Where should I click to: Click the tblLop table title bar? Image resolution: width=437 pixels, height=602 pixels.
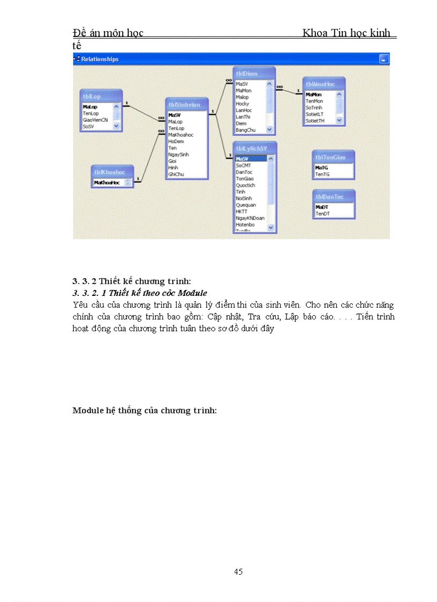pyautogui.click(x=100, y=96)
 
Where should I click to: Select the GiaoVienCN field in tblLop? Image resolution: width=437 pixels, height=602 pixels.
pyautogui.click(x=95, y=120)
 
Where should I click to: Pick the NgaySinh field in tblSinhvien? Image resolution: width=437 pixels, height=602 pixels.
pyautogui.click(x=178, y=154)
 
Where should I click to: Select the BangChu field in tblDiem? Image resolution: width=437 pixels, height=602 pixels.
pyautogui.click(x=245, y=130)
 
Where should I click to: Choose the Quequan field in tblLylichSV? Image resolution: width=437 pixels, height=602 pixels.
pyautogui.click(x=246, y=205)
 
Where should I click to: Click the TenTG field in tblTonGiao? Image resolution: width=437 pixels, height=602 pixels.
pyautogui.click(x=322, y=174)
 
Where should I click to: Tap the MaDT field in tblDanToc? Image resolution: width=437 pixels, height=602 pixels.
pyautogui.click(x=322, y=207)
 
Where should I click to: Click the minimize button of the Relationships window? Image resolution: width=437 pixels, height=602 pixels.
pyautogui.click(x=382, y=59)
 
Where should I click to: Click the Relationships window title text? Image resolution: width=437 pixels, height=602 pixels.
pyautogui.click(x=100, y=59)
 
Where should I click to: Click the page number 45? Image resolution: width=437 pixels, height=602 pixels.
pyautogui.click(x=238, y=572)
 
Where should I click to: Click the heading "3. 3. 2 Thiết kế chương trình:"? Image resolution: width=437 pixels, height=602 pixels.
pyautogui.click(x=132, y=281)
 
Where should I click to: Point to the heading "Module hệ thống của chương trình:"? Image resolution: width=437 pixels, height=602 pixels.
pyautogui.click(x=145, y=411)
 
